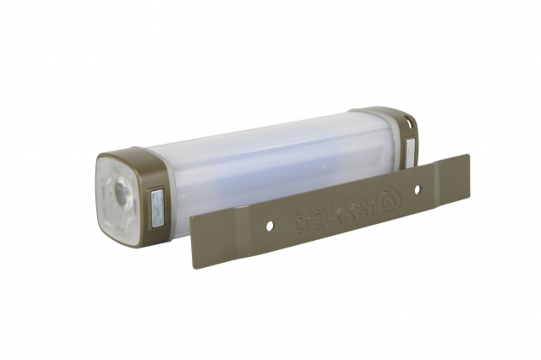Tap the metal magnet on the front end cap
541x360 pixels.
[x=157, y=208]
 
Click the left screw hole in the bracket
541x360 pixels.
[x=270, y=226]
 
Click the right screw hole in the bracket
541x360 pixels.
[x=417, y=189]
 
